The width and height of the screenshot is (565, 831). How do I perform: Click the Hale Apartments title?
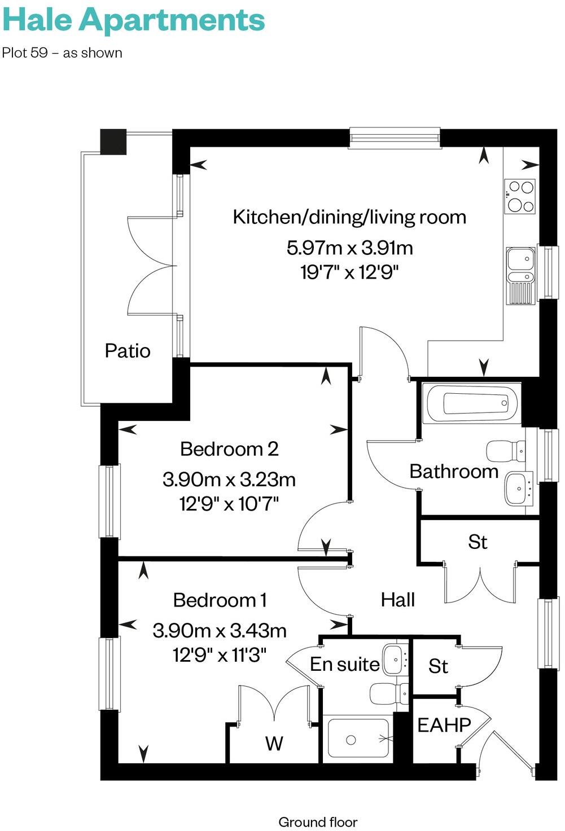(133, 20)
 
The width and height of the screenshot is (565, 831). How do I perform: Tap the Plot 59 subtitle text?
(62, 53)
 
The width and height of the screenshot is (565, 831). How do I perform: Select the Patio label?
(128, 351)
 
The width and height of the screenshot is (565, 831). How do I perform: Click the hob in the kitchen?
(520, 196)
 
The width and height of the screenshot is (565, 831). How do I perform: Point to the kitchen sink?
(520, 275)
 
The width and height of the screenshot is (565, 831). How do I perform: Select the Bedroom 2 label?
(229, 449)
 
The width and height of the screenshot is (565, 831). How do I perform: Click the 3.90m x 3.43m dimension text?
(220, 630)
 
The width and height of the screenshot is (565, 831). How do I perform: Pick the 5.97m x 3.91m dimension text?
(349, 248)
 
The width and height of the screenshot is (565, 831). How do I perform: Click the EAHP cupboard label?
(444, 725)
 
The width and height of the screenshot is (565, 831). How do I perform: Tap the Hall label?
(397, 600)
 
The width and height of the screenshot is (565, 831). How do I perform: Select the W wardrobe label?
(274, 744)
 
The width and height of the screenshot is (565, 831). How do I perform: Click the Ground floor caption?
(318, 822)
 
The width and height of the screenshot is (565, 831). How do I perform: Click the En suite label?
(344, 665)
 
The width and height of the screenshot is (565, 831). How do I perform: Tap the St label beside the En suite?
(438, 666)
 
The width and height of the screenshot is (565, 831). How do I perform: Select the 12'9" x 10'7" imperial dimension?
(229, 503)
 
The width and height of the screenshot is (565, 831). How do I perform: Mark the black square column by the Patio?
(113, 142)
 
